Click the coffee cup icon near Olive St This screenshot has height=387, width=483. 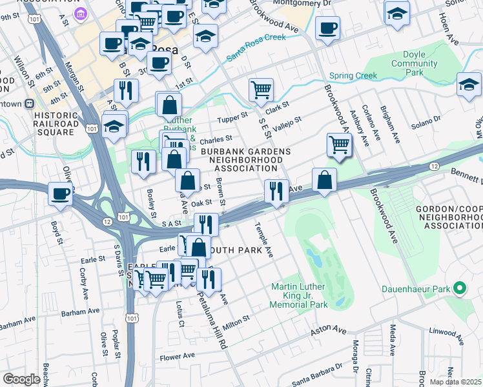point(61,193)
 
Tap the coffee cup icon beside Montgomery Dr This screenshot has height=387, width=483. point(327,28)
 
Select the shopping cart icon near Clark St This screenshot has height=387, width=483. point(261,90)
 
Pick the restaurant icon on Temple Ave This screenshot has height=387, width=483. point(276,191)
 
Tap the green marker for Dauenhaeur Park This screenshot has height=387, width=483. point(459,288)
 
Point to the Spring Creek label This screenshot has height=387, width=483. point(353,75)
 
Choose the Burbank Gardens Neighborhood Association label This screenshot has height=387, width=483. point(245,161)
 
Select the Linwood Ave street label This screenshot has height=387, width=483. point(447,332)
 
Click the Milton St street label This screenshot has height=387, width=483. point(237,321)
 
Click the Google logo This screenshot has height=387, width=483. point(21,379)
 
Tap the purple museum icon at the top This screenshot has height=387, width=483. point(81,14)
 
